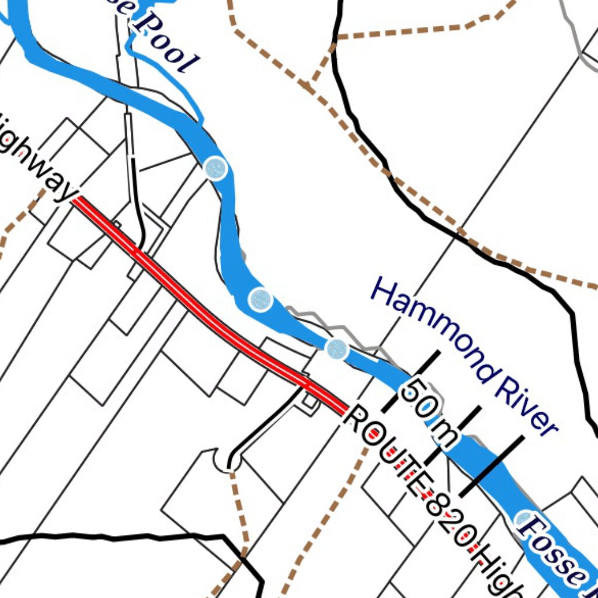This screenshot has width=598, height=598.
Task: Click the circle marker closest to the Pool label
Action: (x=215, y=168)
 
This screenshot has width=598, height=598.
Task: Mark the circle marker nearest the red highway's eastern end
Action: (x=337, y=349)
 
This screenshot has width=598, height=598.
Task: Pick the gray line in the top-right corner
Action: (x=575, y=35)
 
